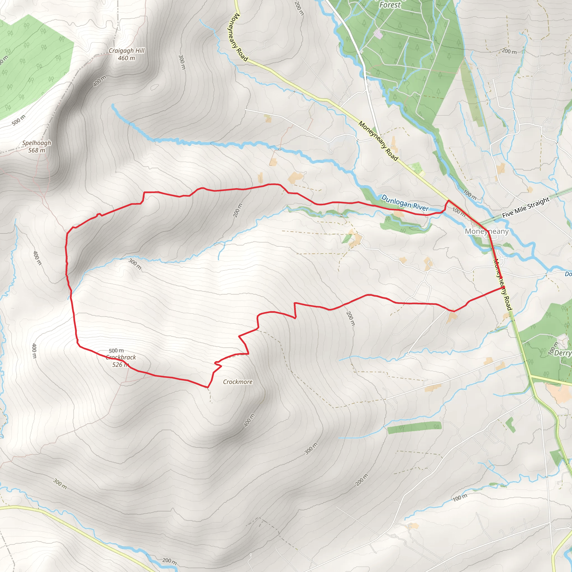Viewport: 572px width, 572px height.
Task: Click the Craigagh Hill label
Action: click(x=127, y=51)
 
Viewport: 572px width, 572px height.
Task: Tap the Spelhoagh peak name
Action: click(x=37, y=143)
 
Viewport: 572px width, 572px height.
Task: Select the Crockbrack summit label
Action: click(x=121, y=357)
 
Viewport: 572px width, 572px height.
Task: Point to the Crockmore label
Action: click(x=238, y=382)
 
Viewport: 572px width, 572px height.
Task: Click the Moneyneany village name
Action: click(x=487, y=231)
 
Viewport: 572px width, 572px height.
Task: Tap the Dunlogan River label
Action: click(x=405, y=203)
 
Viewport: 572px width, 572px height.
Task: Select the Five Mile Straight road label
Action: click(x=526, y=207)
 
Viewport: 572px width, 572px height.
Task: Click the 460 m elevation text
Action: click(x=127, y=58)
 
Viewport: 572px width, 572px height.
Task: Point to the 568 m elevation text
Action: click(x=37, y=151)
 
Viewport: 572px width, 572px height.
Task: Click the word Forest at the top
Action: click(x=390, y=5)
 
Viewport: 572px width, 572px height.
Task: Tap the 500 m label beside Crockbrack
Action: click(x=116, y=351)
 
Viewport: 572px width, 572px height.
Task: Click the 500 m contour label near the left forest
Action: click(x=19, y=120)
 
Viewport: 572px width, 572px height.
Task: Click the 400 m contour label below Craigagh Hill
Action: click(x=100, y=81)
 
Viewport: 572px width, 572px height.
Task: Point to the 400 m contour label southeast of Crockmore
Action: click(x=249, y=420)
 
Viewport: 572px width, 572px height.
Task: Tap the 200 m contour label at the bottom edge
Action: click(x=170, y=561)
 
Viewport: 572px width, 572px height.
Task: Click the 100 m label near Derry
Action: click(x=553, y=348)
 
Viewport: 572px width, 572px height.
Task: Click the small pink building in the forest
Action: click(x=378, y=34)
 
